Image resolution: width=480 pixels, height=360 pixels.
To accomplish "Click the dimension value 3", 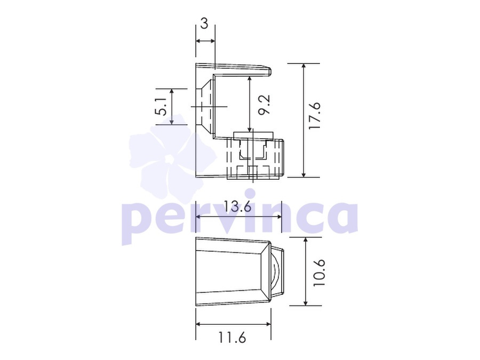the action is coord(204,23).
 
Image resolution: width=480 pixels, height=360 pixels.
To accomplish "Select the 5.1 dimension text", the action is coord(161,107).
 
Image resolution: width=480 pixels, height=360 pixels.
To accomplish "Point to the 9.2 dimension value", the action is coord(265,105).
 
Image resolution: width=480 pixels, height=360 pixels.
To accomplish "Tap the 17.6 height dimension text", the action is coord(315,116).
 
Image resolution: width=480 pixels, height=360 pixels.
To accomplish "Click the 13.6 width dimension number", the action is coord(237,206).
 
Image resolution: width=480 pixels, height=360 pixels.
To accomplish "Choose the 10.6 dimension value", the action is coord(319,273).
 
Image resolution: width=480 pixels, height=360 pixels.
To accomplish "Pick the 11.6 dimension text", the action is coord(232,338).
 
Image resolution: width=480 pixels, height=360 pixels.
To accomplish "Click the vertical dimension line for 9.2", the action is coord(250,104).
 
